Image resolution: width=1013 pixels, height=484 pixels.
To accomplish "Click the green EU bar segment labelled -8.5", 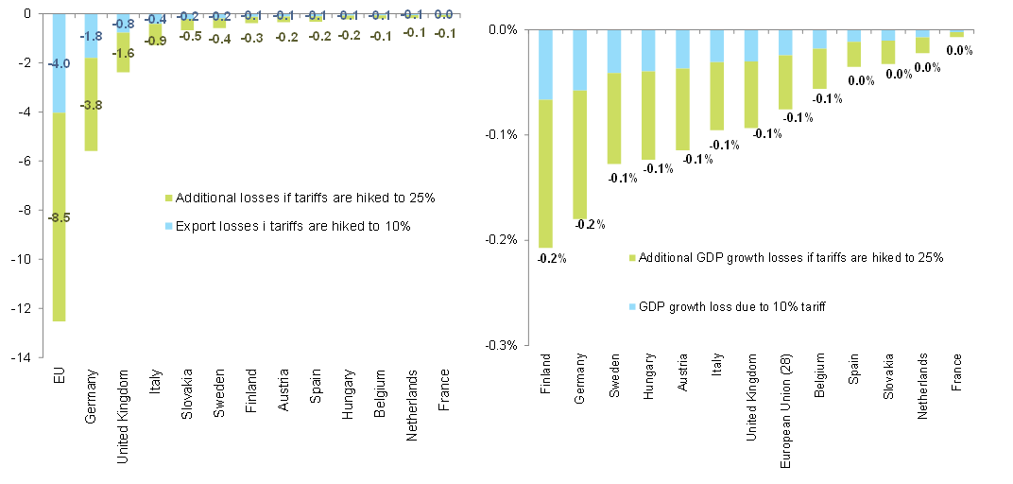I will point(58,255).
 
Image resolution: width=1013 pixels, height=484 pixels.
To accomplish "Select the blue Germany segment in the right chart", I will point(580,60).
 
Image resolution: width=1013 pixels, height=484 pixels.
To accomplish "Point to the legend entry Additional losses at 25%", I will point(298,198).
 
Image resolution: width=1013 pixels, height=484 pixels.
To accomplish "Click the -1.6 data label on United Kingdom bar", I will point(123,54).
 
